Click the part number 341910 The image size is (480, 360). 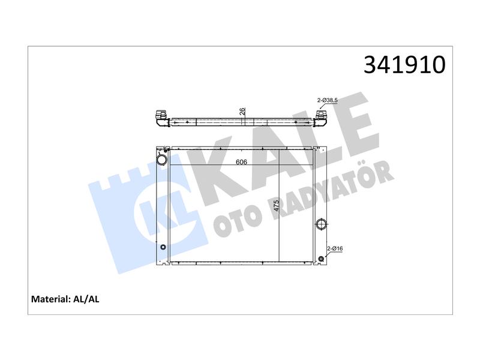click(404, 65)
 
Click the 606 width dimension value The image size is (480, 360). click(241, 162)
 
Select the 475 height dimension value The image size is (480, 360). click(276, 206)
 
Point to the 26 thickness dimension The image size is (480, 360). click(242, 112)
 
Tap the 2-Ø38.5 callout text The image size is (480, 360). click(327, 100)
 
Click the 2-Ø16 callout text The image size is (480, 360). click(335, 248)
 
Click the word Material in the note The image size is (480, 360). click(51, 299)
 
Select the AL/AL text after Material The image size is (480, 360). click(86, 299)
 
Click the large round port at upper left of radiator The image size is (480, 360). click(161, 160)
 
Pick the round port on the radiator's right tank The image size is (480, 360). click(321, 224)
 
